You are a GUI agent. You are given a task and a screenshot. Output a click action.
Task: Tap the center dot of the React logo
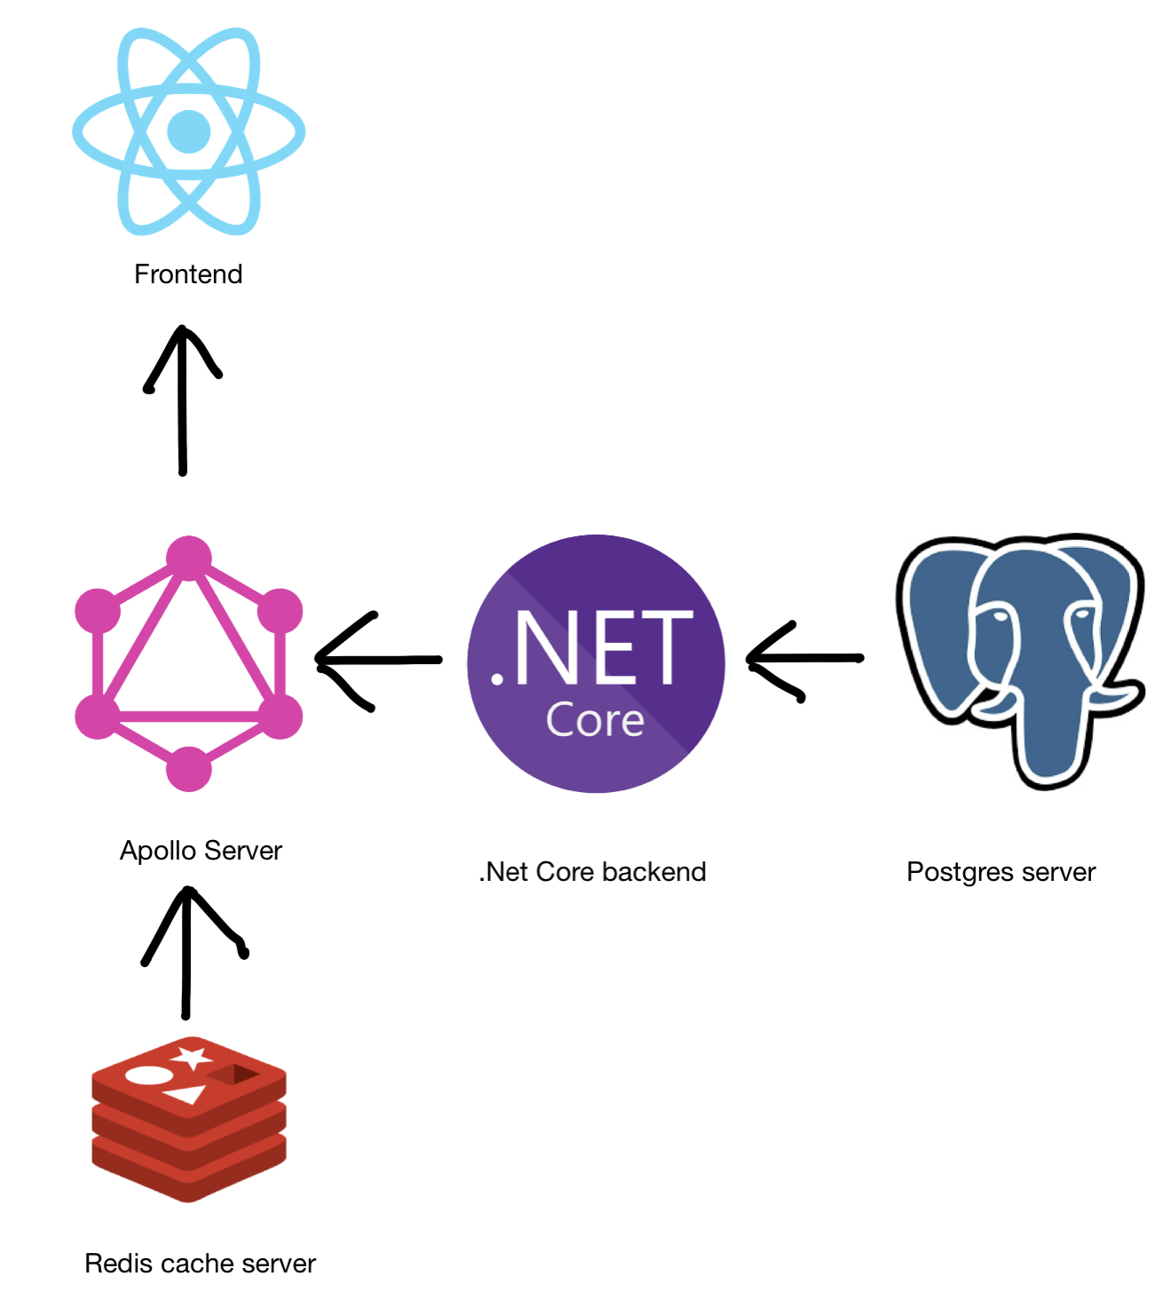tap(188, 131)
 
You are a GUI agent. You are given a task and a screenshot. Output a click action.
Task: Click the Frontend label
tap(188, 274)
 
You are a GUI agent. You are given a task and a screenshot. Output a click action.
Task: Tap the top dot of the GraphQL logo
tap(189, 558)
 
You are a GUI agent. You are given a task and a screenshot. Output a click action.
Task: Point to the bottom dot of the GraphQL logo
tap(188, 769)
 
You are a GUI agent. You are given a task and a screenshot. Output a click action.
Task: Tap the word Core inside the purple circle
tap(595, 720)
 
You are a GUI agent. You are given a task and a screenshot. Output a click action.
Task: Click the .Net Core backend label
tap(593, 872)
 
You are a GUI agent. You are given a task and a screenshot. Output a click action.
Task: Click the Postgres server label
tap(1001, 872)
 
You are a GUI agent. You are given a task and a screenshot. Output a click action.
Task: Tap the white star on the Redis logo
tap(192, 1058)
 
